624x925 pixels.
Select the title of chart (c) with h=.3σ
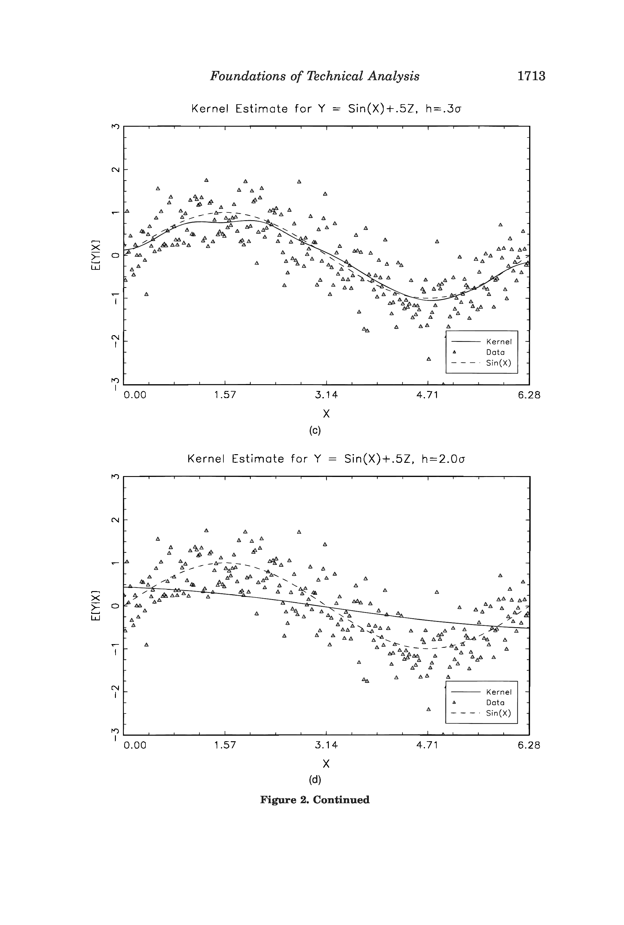(x=326, y=109)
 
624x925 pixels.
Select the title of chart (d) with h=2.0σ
(x=326, y=459)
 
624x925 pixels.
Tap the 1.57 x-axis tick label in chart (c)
(x=225, y=395)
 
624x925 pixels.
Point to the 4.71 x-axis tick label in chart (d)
(x=427, y=745)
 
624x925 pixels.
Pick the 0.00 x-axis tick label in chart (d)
(x=135, y=745)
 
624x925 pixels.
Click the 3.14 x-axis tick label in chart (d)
(x=326, y=745)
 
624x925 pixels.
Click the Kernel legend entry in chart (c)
(x=499, y=342)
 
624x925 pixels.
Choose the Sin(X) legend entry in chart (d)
(x=498, y=713)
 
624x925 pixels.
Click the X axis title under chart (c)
(x=326, y=414)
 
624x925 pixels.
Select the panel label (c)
(x=315, y=431)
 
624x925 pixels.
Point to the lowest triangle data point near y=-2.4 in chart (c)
(x=429, y=359)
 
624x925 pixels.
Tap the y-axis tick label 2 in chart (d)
(x=115, y=520)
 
